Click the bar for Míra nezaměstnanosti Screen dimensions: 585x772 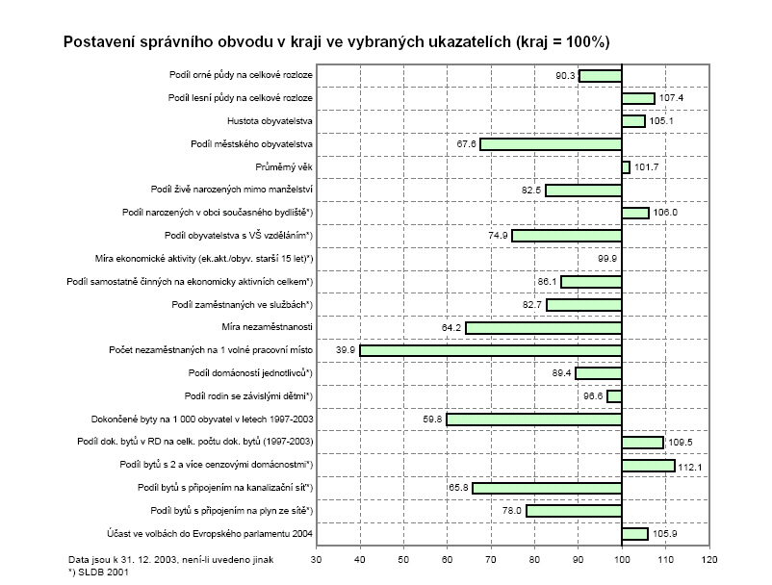tap(544, 328)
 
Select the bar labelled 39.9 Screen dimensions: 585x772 tap(491, 350)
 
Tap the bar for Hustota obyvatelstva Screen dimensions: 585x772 tap(633, 121)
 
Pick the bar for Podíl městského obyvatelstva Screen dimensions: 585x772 tap(551, 144)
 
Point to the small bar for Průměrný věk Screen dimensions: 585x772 tap(626, 167)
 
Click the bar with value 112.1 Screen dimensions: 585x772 tap(648, 466)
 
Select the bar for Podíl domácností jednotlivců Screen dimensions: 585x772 tap(599, 373)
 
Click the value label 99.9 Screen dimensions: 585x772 tap(606, 259)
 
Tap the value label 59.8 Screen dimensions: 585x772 tap(430, 420)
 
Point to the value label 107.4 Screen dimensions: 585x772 tap(670, 98)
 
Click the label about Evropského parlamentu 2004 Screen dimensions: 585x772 tap(218, 534)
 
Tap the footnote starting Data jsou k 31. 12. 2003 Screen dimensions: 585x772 tap(158, 558)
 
